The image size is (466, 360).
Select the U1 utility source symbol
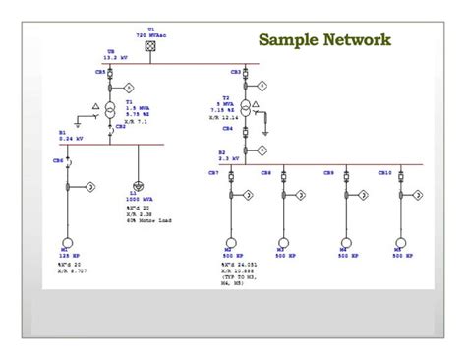150,46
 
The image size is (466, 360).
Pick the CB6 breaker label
58,160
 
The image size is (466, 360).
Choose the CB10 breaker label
385,173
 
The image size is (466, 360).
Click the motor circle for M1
66,241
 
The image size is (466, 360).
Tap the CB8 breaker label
266,173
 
